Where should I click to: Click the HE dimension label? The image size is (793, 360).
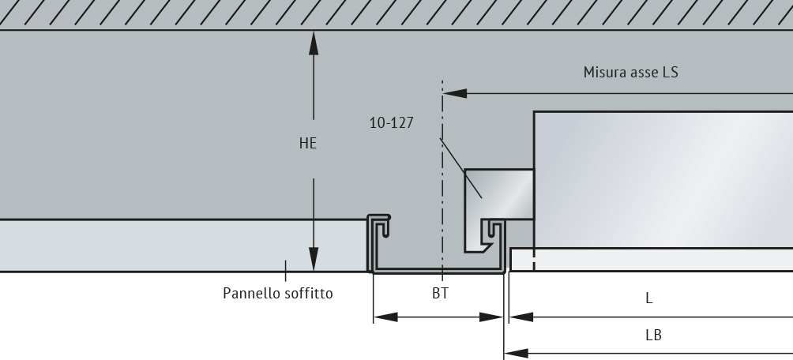point(308,144)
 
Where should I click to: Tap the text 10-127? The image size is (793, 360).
point(392,123)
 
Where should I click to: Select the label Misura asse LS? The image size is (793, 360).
point(630,73)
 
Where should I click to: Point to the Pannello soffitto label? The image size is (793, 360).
point(278,293)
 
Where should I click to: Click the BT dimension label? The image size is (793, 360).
point(440,293)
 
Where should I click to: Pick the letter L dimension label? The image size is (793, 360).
point(649,298)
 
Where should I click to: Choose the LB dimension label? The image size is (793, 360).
point(653,336)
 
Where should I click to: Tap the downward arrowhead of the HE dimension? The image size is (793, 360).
point(314,259)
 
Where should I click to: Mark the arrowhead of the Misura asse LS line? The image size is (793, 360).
point(455,93)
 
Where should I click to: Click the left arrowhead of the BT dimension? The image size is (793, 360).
point(385,317)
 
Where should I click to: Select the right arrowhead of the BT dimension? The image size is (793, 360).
point(491,317)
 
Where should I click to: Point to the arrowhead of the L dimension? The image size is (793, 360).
point(521,317)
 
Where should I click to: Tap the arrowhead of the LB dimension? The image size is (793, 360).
point(517,354)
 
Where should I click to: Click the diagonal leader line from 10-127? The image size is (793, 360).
point(460,168)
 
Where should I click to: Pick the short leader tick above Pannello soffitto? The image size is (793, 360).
point(286,271)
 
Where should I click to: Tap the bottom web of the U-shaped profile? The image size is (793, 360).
point(439,271)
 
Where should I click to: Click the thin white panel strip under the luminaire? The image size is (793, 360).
point(652,260)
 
